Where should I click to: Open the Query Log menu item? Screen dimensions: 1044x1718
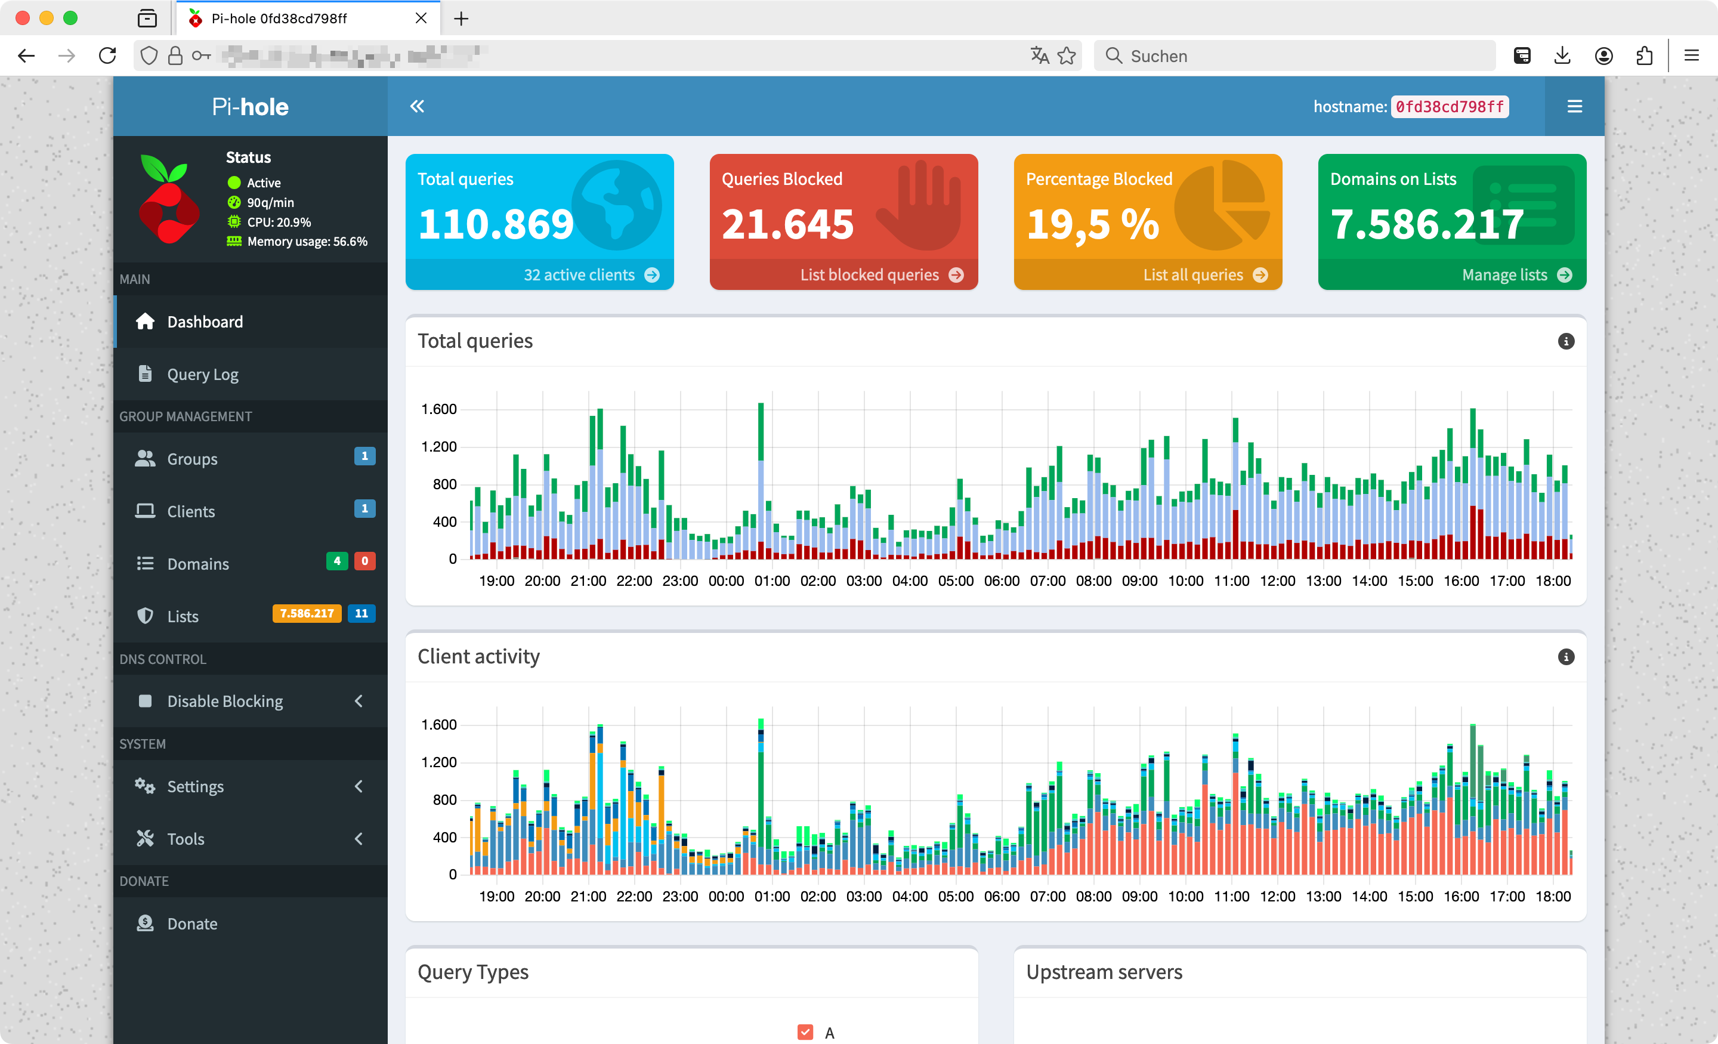click(x=202, y=375)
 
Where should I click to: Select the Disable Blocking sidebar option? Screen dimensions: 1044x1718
click(x=224, y=701)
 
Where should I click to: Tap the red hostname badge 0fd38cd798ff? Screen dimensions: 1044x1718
click(x=1449, y=107)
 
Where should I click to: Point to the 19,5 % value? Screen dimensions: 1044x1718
click(x=1093, y=224)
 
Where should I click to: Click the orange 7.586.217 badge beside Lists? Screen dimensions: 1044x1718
click(x=306, y=614)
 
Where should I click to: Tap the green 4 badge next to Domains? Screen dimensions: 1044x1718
click(x=337, y=561)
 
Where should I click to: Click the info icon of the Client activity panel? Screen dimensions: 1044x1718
click(x=1565, y=657)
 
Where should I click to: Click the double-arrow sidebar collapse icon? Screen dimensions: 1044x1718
click(x=417, y=106)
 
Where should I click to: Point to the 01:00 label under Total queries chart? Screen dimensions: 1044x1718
click(x=772, y=581)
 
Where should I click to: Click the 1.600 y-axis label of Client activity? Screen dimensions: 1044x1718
click(x=438, y=725)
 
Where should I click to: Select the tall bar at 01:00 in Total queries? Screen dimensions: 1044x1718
click(x=761, y=481)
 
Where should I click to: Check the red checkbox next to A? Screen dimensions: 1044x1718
click(x=805, y=1032)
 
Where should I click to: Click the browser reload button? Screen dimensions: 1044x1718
click(x=107, y=56)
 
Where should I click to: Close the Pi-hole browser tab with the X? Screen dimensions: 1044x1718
click(x=421, y=18)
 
